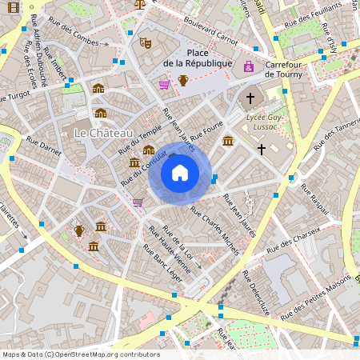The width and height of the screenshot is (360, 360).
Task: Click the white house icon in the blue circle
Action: (180, 173)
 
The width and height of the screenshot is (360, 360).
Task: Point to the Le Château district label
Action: (103, 131)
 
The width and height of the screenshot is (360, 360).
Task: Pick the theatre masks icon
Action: (145, 42)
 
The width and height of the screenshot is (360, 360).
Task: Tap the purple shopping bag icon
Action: (249, 66)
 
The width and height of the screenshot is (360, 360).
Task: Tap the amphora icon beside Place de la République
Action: (183, 80)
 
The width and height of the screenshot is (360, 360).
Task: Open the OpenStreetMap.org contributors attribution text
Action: (80, 354)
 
